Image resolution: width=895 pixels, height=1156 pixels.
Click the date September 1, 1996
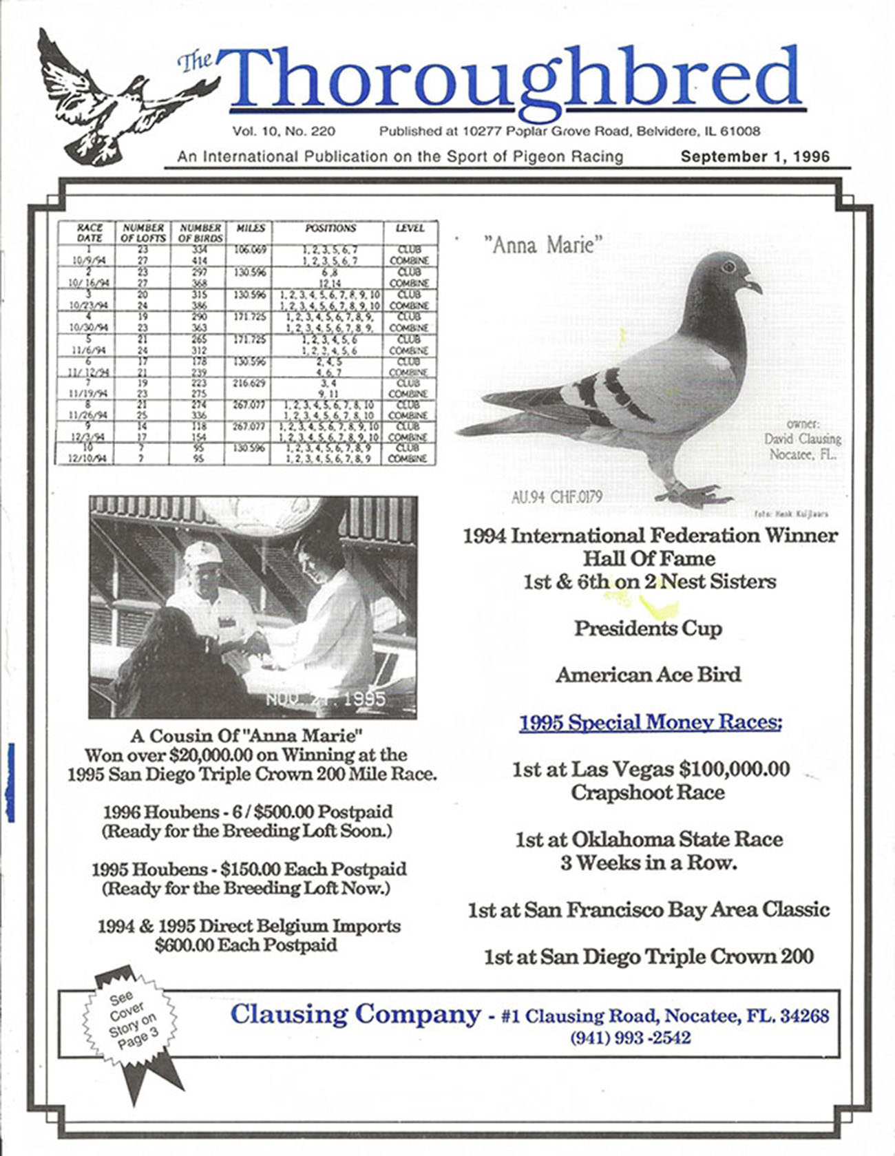[x=755, y=156]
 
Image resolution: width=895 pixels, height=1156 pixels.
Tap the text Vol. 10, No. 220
[x=284, y=131]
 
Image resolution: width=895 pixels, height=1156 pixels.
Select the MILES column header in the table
[x=249, y=228]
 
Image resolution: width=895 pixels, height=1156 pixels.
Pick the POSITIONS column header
[x=330, y=228]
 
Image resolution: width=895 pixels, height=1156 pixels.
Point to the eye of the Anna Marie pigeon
[x=728, y=266]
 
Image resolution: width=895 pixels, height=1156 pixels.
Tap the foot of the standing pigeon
[x=695, y=494]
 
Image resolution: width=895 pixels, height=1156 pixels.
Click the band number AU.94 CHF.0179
[x=556, y=496]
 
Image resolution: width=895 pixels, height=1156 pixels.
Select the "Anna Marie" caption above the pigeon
[x=543, y=244]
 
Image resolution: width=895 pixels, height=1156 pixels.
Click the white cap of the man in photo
[x=202, y=551]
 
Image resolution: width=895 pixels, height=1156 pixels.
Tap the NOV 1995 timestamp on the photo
[x=326, y=700]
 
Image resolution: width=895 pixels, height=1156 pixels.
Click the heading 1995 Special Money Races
[x=650, y=723]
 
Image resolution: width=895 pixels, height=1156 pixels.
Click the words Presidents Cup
[x=648, y=629]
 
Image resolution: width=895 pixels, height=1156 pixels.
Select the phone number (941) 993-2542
[x=630, y=1038]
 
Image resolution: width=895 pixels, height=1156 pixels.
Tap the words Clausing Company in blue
[x=355, y=1014]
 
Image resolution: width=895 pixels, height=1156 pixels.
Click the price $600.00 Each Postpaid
[x=246, y=945]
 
